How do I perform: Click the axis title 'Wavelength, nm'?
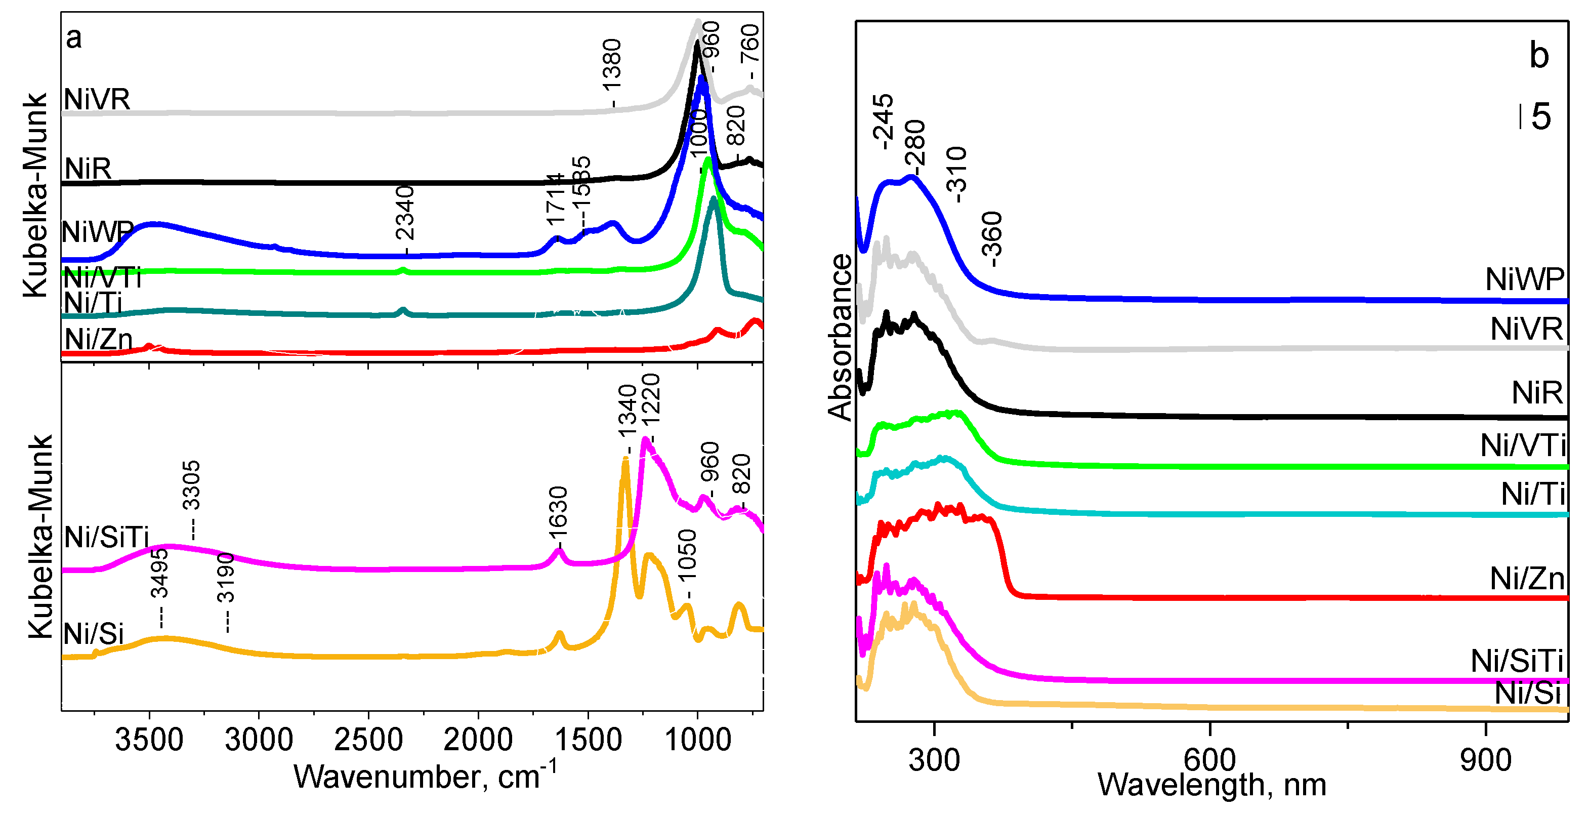tap(1211, 786)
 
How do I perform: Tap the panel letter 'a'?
tap(73, 38)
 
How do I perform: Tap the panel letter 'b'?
tap(1539, 56)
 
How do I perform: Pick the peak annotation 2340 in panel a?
tap(405, 214)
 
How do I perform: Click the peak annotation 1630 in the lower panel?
tap(558, 513)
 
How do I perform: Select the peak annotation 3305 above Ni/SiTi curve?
tap(191, 485)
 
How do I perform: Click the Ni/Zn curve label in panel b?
tap(1527, 579)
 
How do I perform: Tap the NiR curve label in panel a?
tap(88, 169)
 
